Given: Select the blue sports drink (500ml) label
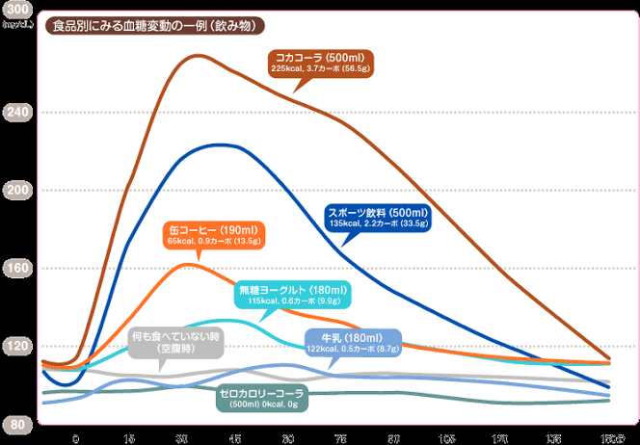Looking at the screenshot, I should tap(377, 216).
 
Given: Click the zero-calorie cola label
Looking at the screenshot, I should tap(262, 398).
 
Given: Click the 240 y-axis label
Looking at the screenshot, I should tap(16, 113).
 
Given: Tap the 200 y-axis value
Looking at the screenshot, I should tap(16, 190).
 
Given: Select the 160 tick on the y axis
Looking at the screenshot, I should tap(16, 268).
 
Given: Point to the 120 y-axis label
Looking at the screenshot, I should tap(16, 345).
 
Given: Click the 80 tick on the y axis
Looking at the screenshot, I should tap(16, 423).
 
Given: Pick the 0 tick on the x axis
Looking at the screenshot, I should tap(76, 437).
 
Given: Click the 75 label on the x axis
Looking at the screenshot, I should tap(340, 437).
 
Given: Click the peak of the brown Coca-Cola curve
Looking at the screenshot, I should tap(199, 55).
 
